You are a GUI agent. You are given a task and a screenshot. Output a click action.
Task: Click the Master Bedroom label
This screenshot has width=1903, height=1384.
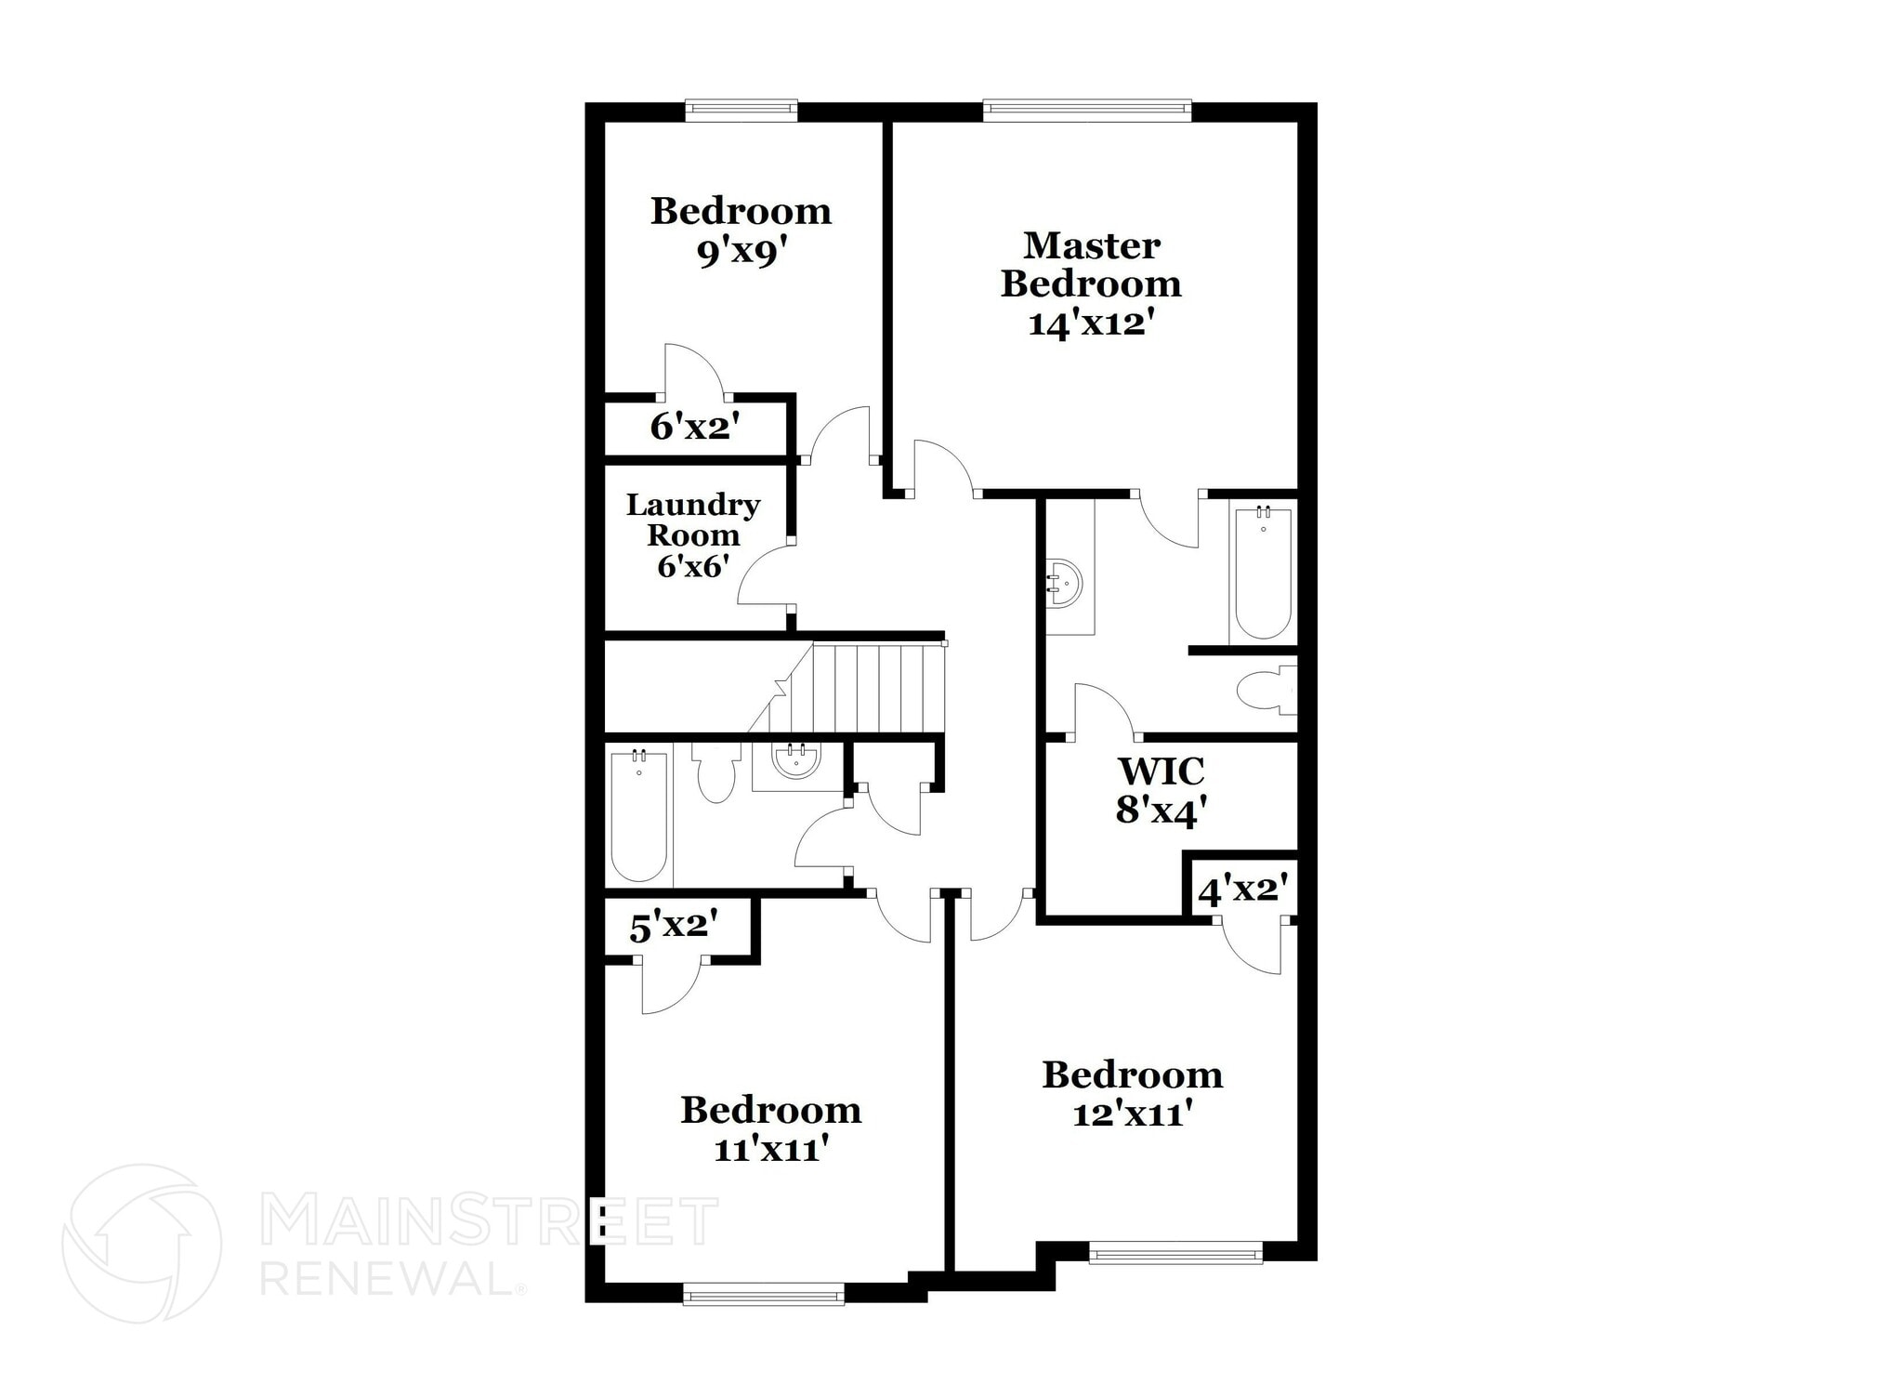coord(1091,265)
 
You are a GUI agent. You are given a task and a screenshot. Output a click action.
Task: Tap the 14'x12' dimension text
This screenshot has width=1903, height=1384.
coord(1091,323)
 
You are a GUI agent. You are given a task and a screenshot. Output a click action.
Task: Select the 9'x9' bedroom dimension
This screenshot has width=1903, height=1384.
coord(742,252)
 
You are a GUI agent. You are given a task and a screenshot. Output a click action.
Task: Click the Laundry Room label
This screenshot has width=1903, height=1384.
coord(693,520)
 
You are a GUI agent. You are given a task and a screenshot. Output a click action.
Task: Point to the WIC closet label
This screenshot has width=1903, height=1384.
coord(1161,771)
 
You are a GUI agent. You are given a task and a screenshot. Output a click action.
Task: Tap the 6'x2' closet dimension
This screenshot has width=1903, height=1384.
coord(695,427)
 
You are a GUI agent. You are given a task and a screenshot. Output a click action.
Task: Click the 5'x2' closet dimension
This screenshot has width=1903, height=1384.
coord(675,927)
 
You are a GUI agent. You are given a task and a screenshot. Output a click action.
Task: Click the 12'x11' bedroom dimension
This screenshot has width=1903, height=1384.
coord(1132,1114)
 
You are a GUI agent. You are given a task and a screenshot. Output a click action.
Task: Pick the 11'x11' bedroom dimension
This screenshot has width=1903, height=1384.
coord(770,1150)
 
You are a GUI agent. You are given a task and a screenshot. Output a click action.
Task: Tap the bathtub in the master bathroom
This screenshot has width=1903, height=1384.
coord(1262,573)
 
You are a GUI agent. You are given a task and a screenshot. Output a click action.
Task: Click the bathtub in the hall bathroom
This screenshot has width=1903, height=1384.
coord(638,816)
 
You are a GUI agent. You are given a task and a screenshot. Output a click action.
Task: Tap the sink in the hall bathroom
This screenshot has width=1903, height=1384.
coord(796,761)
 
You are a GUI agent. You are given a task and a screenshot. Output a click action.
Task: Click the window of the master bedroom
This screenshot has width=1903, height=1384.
coord(1087,111)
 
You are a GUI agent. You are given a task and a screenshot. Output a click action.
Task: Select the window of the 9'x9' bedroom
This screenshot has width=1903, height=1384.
coord(741,111)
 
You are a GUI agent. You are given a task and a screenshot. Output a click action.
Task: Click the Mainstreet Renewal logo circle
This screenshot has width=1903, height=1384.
coord(141,1243)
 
